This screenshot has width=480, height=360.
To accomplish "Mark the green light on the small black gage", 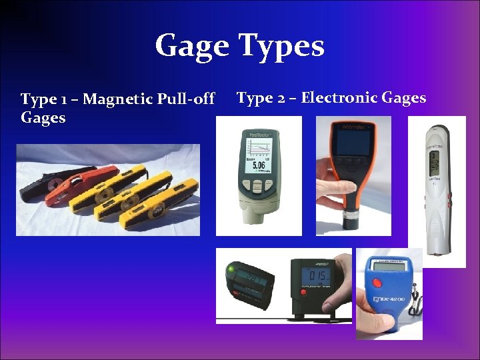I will (231, 269).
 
